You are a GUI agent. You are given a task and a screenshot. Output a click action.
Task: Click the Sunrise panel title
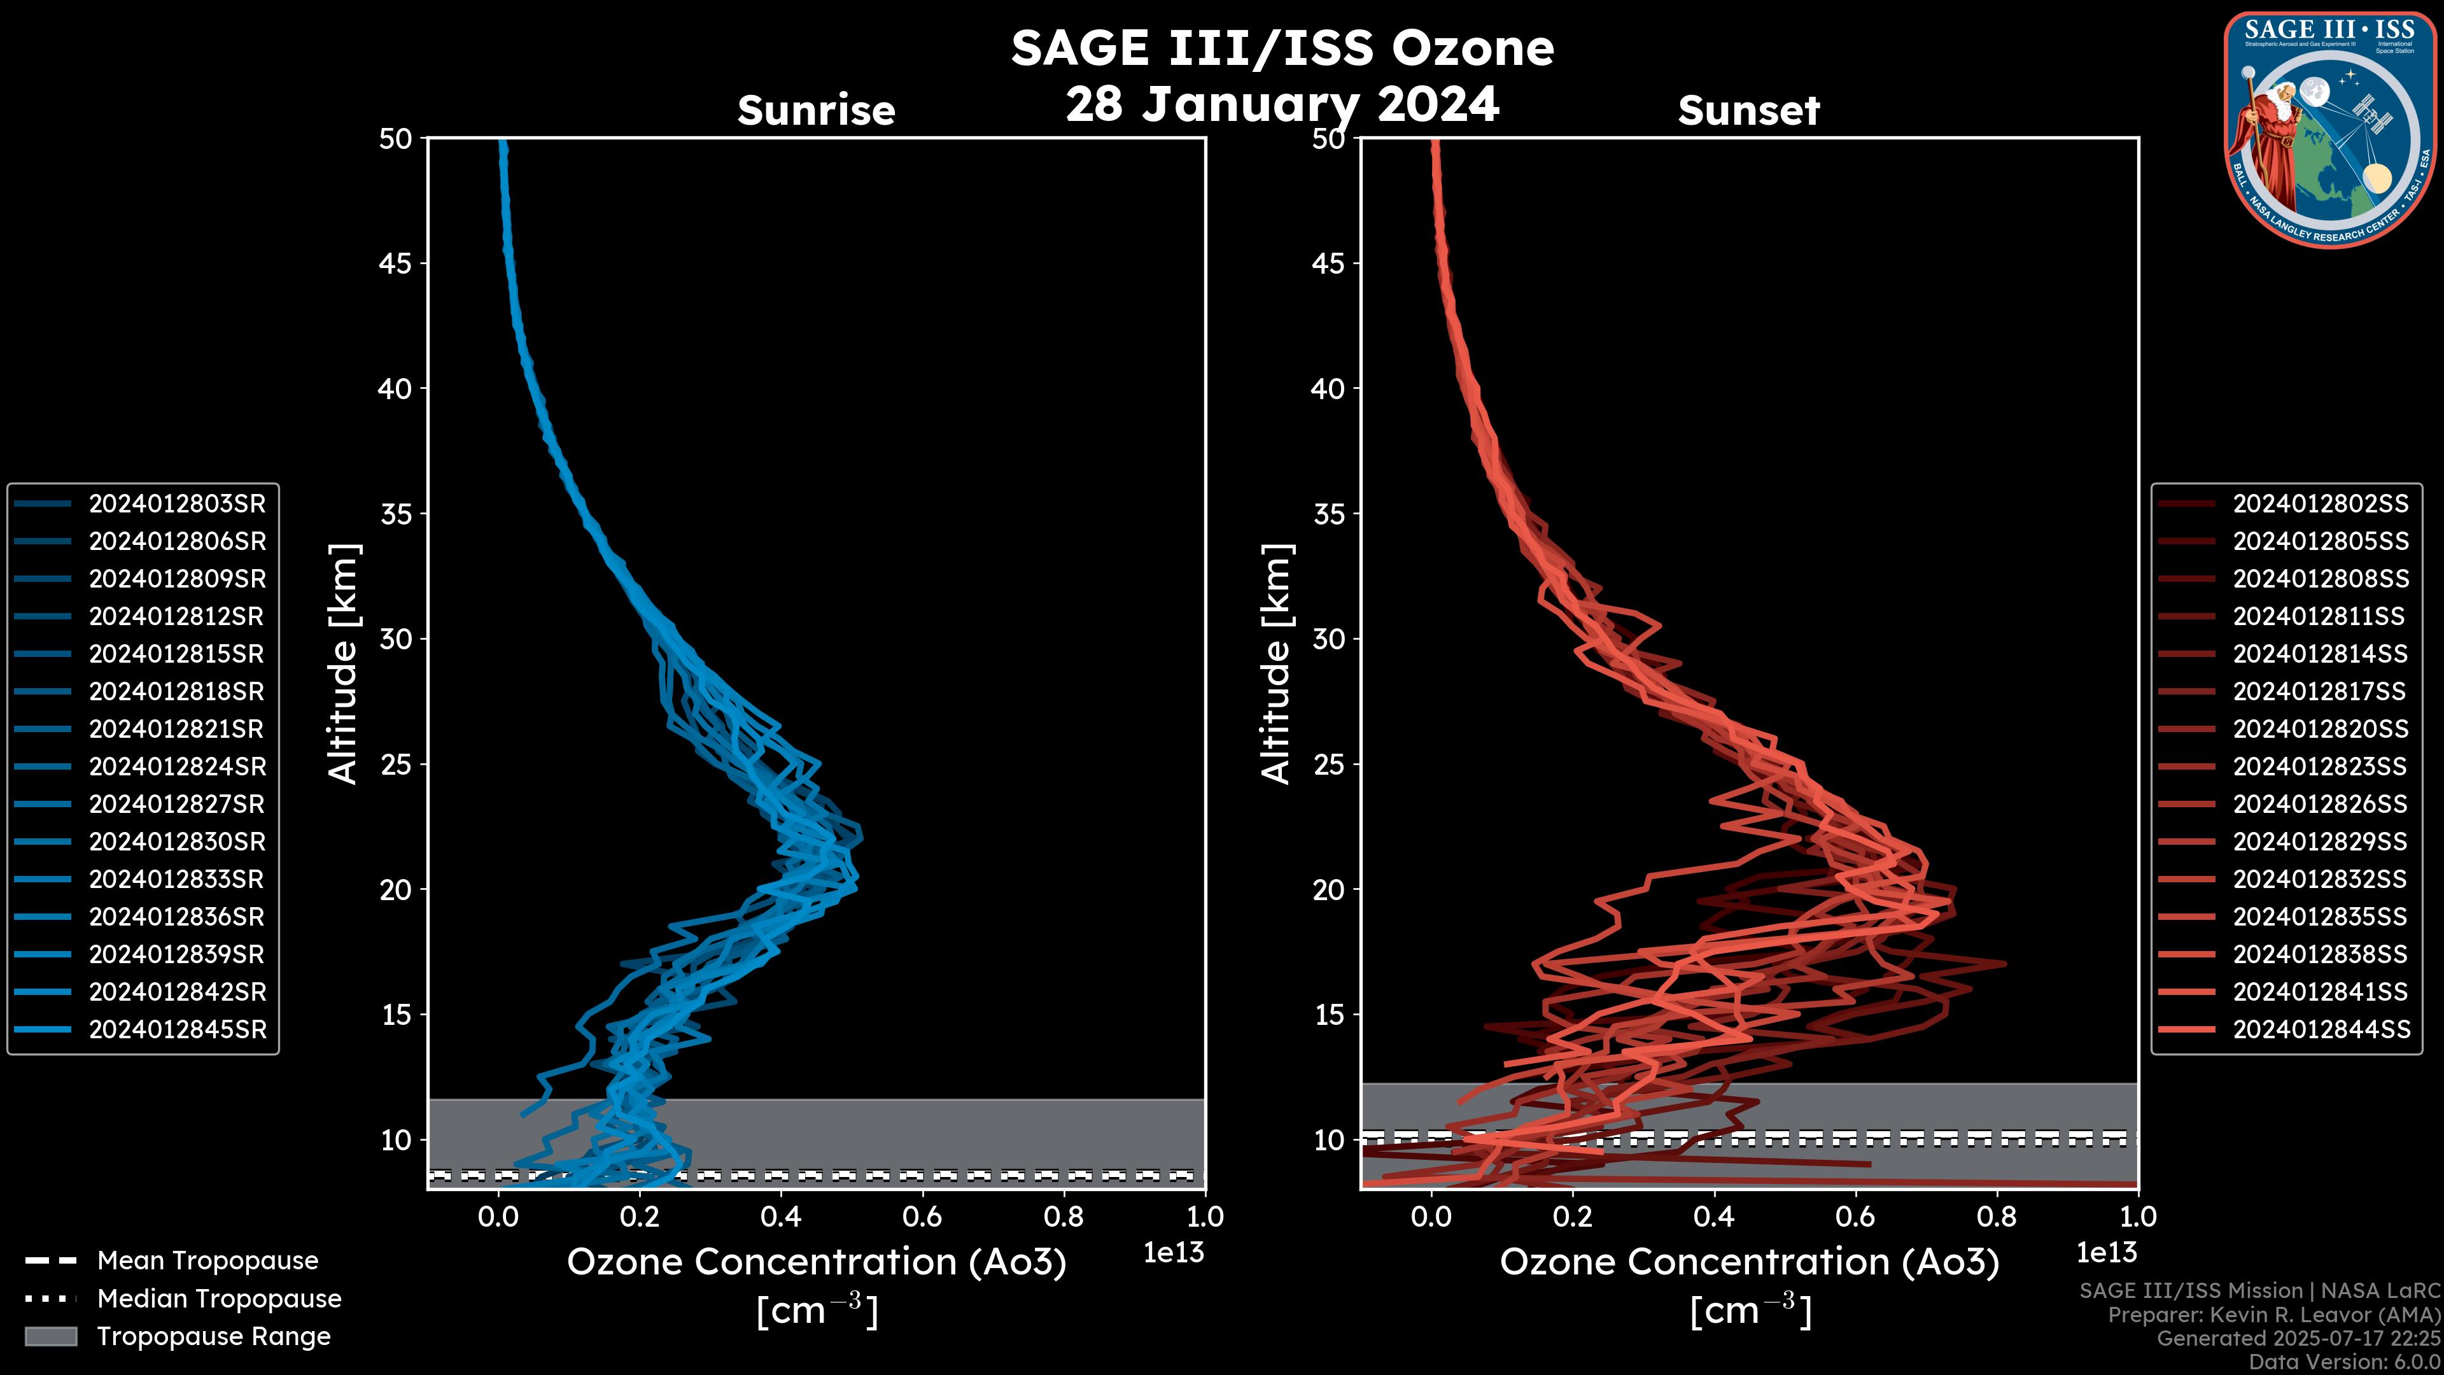pos(816,111)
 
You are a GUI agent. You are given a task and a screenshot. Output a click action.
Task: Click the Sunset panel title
pos(1748,111)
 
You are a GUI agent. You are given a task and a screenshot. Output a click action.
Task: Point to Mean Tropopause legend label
pos(207,1261)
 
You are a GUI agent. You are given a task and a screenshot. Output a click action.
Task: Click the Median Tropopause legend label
pos(219,1299)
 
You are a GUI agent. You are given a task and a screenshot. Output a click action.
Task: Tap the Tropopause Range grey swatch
pos(50,1336)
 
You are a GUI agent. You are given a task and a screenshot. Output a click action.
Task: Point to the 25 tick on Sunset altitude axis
pos(1328,765)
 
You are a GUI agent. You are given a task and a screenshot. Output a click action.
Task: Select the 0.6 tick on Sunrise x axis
pos(922,1216)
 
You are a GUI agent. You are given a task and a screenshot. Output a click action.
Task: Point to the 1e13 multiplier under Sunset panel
pos(2106,1253)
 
